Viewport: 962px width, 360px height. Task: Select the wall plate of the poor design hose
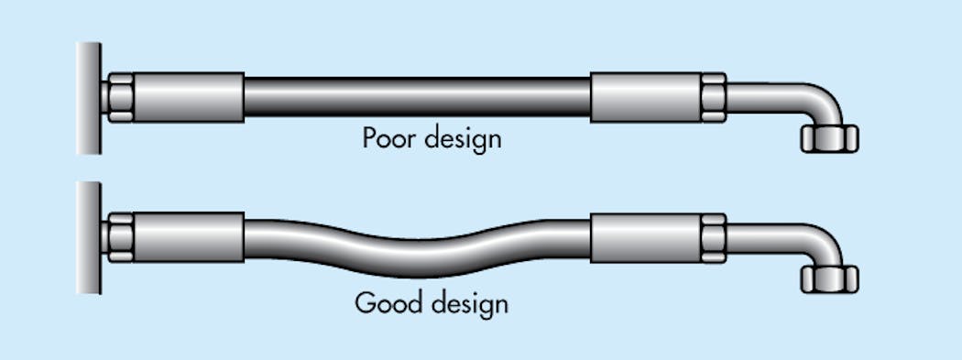tap(89, 97)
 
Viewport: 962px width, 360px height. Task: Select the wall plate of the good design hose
tap(89, 237)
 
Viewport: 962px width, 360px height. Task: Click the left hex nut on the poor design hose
tap(120, 96)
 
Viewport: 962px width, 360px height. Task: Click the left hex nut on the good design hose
tap(120, 237)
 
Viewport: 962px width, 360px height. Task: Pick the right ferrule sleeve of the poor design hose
tap(647, 96)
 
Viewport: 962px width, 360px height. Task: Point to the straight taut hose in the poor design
tap(417, 97)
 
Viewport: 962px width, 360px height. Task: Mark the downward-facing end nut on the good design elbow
tap(828, 278)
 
